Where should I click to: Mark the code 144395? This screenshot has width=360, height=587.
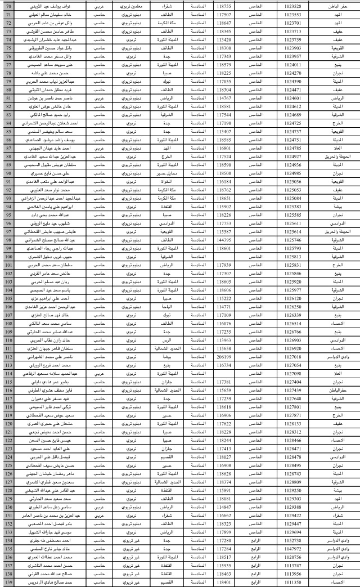click(223, 239)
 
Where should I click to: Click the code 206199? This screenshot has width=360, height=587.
click(223, 356)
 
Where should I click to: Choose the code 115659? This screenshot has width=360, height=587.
click(223, 389)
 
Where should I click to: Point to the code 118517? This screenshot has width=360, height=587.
click(223, 557)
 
